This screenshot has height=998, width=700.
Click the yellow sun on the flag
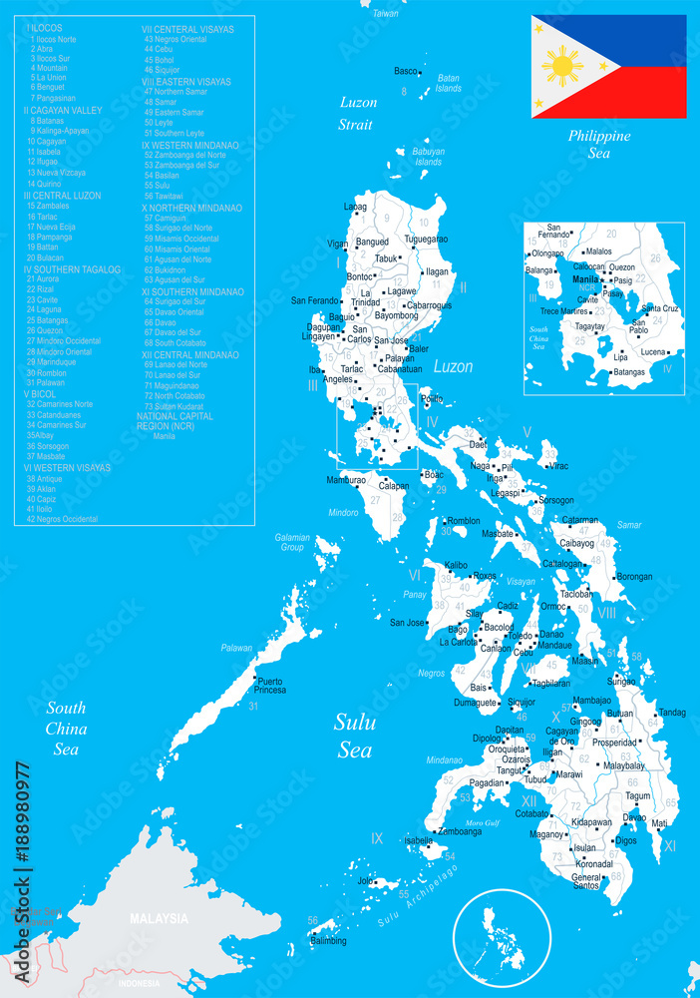point(563,67)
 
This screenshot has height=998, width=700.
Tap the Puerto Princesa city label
point(271,686)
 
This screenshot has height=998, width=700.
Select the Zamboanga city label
point(460,831)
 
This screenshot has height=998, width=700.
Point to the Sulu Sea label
point(354,736)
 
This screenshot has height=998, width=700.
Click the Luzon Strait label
point(356,113)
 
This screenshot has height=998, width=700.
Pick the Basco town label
point(406,72)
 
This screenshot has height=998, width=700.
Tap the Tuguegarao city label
point(426,240)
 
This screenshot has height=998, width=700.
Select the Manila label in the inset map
point(586,280)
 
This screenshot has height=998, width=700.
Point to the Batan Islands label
point(449,83)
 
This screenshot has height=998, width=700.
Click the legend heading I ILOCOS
point(46,29)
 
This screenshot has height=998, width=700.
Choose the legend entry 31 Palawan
point(45,382)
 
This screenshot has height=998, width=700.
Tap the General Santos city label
point(586,880)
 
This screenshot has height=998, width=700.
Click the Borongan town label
point(634,577)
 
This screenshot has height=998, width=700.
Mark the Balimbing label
point(328,941)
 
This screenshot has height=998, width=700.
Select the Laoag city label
point(355,207)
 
